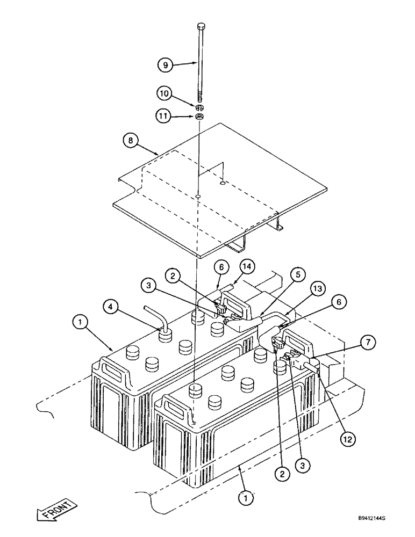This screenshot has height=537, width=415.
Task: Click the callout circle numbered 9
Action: pyautogui.click(x=166, y=65)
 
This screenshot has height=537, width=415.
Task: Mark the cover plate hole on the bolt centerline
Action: pyautogui.click(x=199, y=197)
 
